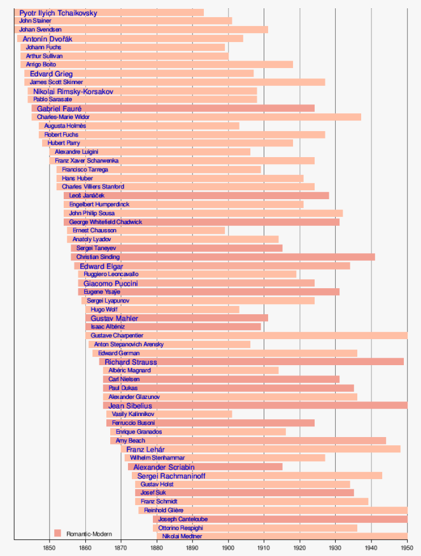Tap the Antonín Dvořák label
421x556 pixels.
tap(48, 39)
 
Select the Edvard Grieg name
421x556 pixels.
tap(52, 74)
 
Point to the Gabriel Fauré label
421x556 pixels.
tap(59, 109)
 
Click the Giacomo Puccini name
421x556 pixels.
tap(111, 283)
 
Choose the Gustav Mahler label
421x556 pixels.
tap(115, 318)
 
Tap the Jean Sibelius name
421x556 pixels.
tap(130, 405)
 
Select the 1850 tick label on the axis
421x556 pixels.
tap(49, 546)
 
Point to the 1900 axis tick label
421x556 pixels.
tap(228, 546)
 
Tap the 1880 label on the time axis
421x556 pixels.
tap(157, 546)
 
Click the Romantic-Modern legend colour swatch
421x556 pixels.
tap(57, 533)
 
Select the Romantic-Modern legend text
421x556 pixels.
tap(89, 534)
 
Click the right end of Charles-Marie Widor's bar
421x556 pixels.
tap(360, 117)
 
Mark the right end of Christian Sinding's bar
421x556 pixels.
tap(375, 257)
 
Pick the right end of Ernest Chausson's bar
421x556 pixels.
tap(225, 230)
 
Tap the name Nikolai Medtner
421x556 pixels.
tap(182, 536)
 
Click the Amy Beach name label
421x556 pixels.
tap(130, 440)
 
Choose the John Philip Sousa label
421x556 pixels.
tap(92, 213)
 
